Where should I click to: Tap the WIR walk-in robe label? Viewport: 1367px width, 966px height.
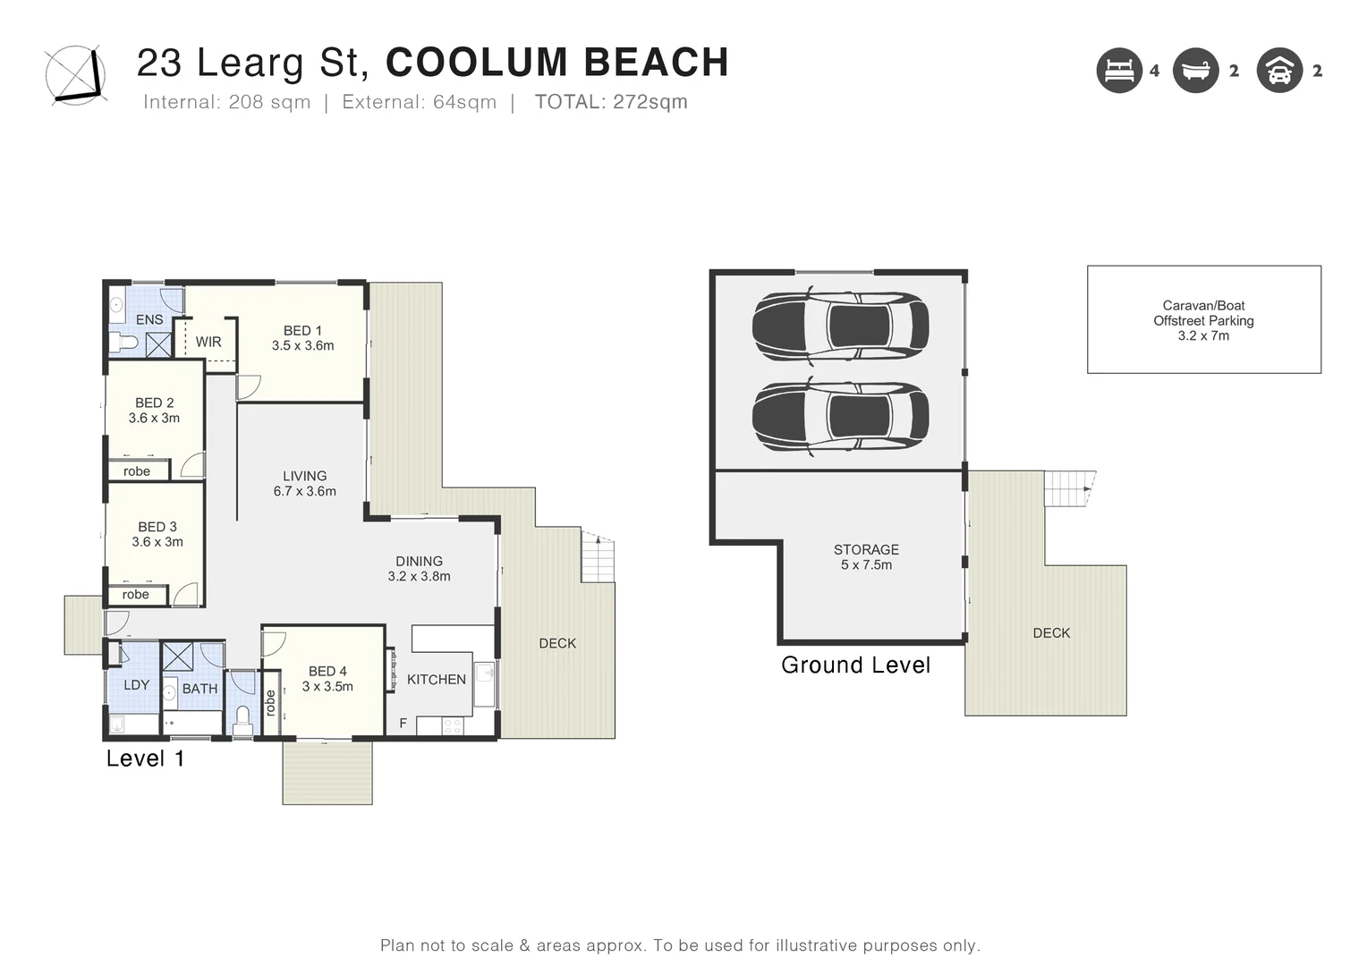point(208,342)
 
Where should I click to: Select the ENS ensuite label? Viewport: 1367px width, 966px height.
point(149,319)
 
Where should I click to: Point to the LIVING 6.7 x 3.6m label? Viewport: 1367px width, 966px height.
point(304,483)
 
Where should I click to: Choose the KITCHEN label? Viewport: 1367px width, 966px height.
point(437,679)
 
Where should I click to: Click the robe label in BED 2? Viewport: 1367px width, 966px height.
point(137,471)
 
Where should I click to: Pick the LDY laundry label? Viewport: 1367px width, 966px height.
point(136,684)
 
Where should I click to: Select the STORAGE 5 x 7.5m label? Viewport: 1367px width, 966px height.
point(867,557)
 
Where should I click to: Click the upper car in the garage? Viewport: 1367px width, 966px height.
point(840,326)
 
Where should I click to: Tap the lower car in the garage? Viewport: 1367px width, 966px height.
point(840,417)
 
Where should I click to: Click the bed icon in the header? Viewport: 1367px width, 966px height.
point(1119,70)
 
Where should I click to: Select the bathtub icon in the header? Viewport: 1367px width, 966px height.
point(1195,70)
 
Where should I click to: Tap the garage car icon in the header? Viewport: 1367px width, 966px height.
point(1279,70)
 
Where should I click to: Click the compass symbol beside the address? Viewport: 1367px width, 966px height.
point(76,75)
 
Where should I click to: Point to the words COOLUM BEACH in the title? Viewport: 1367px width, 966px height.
point(557,62)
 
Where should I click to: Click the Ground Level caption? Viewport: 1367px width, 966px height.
point(855,665)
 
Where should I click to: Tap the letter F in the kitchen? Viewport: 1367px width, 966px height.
point(403,723)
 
